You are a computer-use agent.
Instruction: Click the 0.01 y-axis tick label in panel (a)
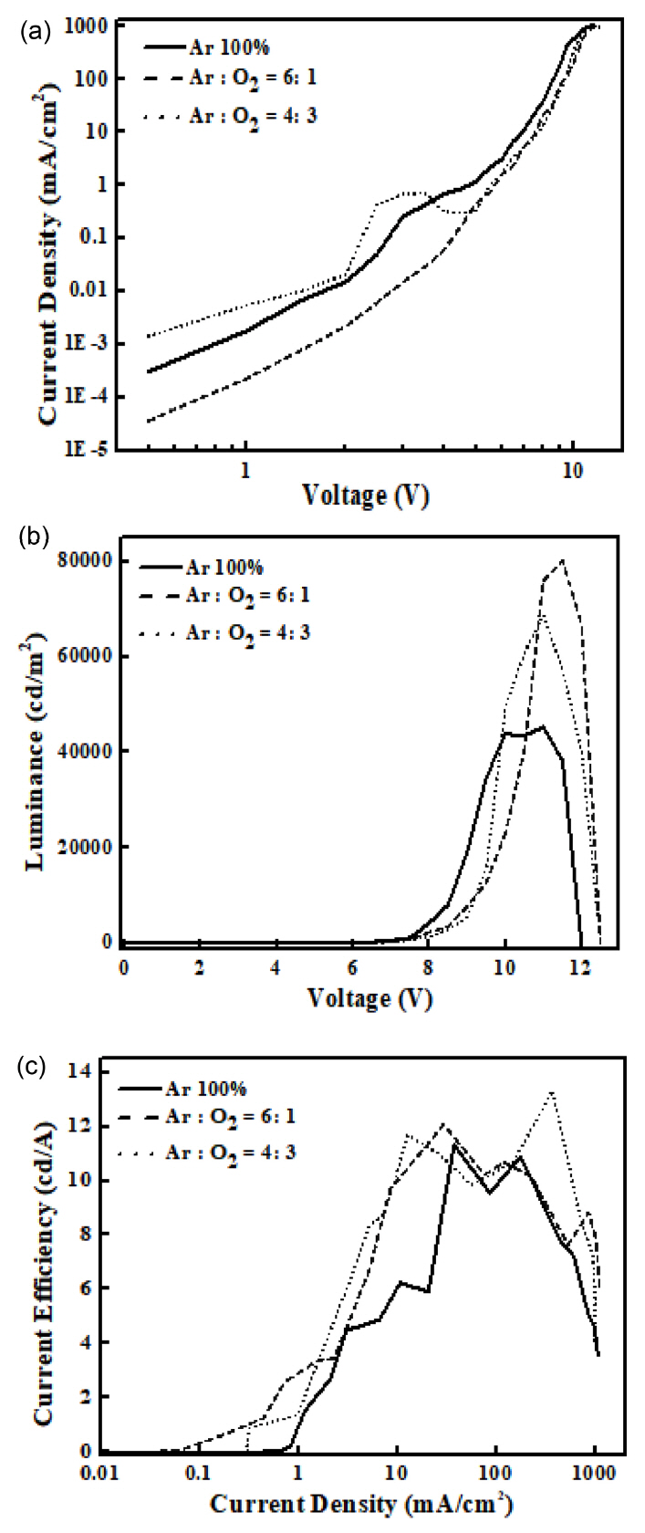pos(115,291)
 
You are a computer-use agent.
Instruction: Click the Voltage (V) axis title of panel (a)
pos(365,495)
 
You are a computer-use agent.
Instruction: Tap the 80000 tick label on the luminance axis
pos(90,561)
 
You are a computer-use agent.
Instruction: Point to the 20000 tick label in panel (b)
pos(90,847)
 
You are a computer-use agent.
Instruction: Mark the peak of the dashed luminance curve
pos(563,560)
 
